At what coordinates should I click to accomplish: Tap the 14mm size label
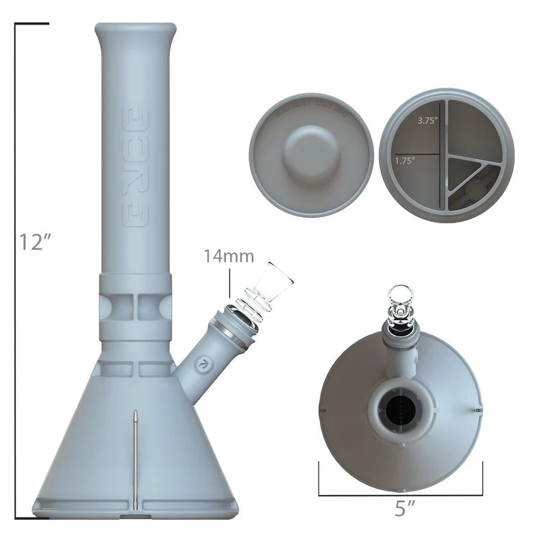[x=228, y=257]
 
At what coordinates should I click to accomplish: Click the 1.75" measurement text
[x=406, y=161]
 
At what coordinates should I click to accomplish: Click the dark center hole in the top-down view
[x=397, y=410]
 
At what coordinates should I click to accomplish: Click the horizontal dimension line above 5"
[x=401, y=495]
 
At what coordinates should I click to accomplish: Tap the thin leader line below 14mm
[x=230, y=283]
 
